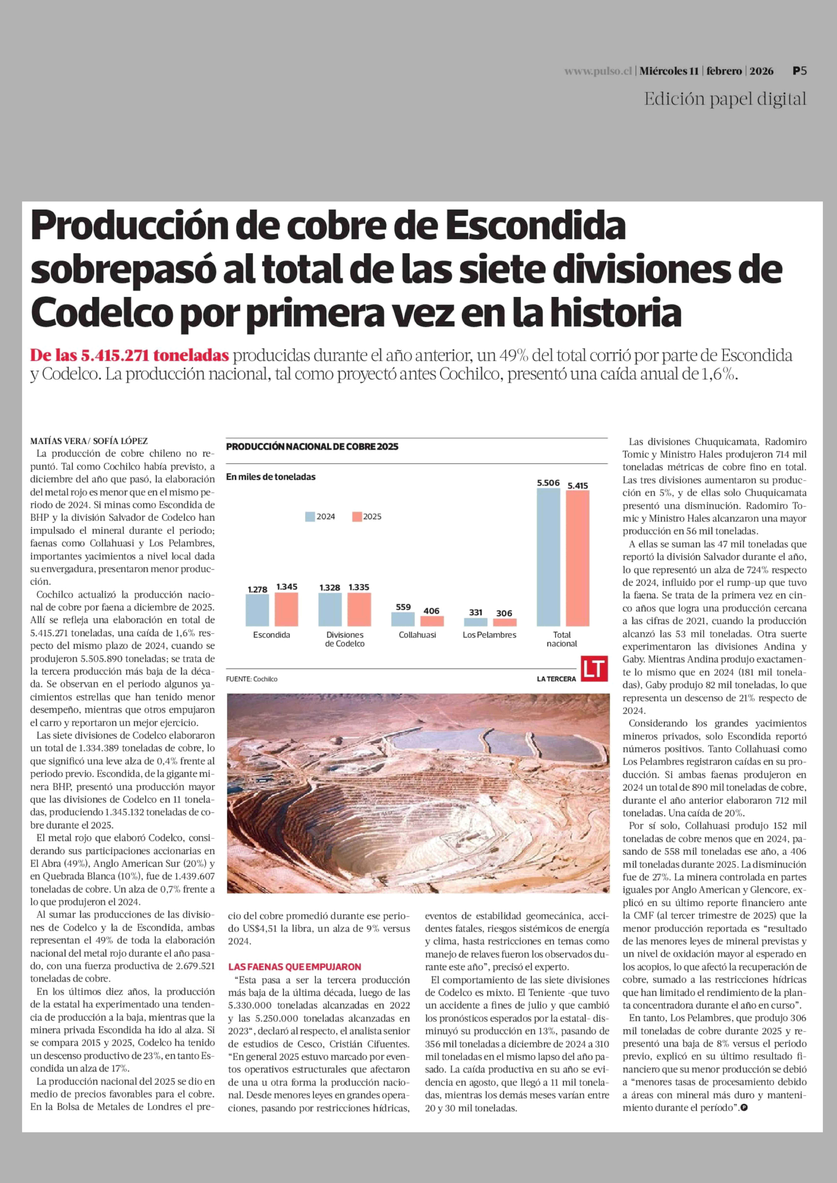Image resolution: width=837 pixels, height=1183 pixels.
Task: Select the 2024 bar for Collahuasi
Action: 403,619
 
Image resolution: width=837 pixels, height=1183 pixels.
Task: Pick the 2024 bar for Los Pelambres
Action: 475,622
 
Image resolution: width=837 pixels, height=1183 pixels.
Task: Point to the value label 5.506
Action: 548,483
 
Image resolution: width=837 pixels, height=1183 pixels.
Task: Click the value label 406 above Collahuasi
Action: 431,611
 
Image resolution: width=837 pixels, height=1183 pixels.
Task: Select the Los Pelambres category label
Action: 489,635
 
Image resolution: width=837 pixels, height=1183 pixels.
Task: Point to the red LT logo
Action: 594,668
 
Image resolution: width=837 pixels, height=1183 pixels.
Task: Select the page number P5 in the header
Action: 799,71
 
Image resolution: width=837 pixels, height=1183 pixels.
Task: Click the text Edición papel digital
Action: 725,99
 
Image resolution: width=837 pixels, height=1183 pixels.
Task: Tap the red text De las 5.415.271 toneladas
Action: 129,355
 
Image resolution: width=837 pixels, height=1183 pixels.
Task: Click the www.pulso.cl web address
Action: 598,72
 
